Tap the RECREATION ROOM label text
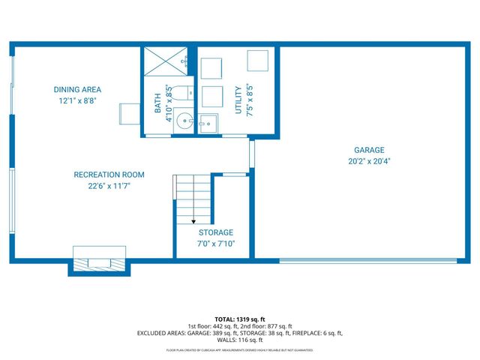click(109, 175)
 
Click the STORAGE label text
click(215, 232)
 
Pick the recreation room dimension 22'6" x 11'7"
click(109, 186)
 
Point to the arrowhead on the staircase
click(193, 221)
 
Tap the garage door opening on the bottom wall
click(367, 260)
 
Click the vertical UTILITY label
click(239, 99)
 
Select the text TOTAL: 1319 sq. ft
click(240, 319)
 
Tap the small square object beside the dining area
click(126, 114)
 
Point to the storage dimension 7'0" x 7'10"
click(215, 244)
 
